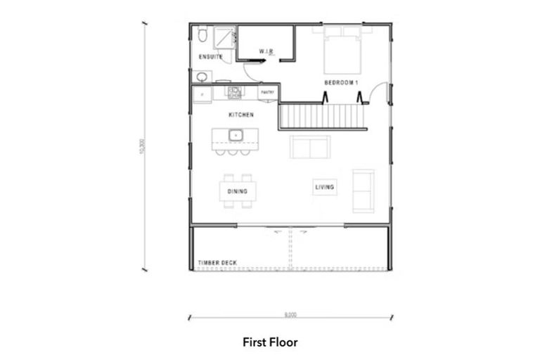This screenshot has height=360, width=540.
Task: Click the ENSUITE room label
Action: (211, 57)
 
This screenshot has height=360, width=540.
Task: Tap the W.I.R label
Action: (266, 51)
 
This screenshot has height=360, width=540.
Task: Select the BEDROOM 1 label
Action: (342, 83)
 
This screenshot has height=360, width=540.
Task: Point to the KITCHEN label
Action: (241, 114)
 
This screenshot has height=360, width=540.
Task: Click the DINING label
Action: (237, 190)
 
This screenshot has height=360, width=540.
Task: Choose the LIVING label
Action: (325, 187)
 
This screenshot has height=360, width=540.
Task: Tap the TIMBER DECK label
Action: (217, 263)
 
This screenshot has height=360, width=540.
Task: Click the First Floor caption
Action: (270, 342)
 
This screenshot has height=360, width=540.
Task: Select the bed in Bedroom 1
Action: (342, 51)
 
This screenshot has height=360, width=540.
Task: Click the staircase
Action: (323, 115)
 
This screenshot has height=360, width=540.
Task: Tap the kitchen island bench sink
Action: (236, 134)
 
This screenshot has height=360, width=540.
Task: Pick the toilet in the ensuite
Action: (202, 34)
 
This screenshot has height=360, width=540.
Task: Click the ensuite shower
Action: (224, 37)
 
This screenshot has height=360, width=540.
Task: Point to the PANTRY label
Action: (268, 92)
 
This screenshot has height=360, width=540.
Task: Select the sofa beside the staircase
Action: (310, 147)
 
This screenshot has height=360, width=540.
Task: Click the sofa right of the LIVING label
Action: (364, 191)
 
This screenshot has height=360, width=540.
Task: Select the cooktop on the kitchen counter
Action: (234, 91)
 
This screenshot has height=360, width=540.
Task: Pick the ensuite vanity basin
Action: (201, 76)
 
